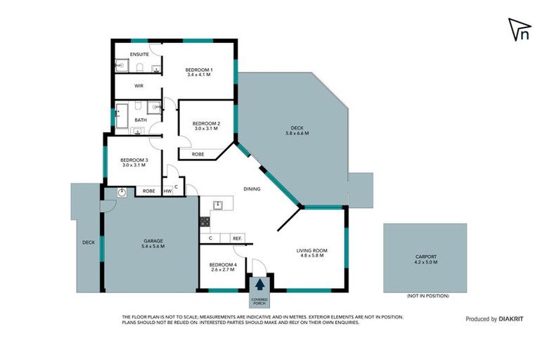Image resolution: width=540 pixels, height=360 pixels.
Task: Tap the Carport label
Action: (425, 259)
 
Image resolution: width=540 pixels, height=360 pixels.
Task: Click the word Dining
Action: (252, 189)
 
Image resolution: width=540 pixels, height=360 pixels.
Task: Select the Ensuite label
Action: (139, 54)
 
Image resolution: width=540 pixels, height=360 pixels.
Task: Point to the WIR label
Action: (139, 86)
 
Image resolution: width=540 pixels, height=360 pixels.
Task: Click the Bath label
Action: (141, 120)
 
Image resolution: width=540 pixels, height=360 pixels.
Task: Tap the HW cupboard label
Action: (167, 191)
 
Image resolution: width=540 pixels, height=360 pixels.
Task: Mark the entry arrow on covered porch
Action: (260, 285)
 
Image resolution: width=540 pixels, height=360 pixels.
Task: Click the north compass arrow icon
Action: (519, 30)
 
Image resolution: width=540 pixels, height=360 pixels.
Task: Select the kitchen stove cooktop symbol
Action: (205, 221)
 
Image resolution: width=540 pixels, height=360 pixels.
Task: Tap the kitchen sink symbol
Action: (218, 205)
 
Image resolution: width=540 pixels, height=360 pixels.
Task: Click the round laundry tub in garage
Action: (122, 191)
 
